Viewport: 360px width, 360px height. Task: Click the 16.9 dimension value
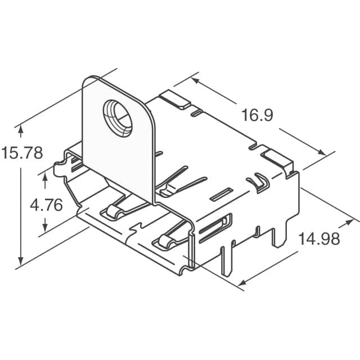pos(257,116)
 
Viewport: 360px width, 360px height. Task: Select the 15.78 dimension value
pos(22,153)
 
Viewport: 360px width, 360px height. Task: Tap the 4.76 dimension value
pos(46,205)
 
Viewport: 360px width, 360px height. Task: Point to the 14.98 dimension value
pos(319,239)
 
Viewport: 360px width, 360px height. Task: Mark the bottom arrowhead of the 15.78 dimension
pos(21,261)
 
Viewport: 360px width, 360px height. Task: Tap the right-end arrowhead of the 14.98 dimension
pos(352,219)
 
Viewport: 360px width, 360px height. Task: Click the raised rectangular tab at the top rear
pos(175,100)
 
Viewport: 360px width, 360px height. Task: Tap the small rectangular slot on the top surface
pos(220,195)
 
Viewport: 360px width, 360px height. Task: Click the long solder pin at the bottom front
pos(227,259)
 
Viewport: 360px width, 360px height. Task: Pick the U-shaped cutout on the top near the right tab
pos(259,182)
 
